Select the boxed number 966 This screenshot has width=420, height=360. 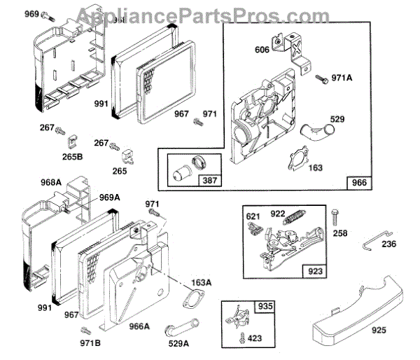(358, 183)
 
